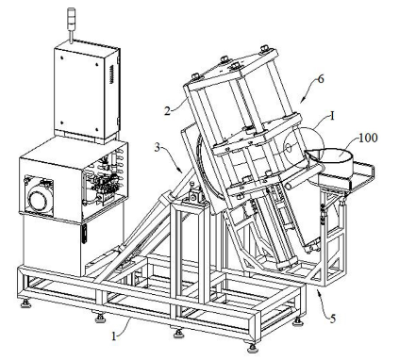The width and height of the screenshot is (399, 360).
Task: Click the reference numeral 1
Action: tap(114, 336)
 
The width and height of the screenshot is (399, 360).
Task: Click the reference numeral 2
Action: tap(168, 110)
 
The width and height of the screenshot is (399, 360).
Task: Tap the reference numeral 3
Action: tap(158, 147)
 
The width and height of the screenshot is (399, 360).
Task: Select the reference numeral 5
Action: tap(333, 319)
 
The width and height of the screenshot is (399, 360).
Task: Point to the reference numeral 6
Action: tap(321, 79)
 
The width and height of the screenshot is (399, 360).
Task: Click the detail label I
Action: tap(332, 116)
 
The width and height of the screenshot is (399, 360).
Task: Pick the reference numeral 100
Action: tap(367, 138)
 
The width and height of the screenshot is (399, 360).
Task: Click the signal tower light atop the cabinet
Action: tap(71, 21)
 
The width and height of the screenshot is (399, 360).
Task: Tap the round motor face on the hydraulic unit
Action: tap(38, 197)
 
